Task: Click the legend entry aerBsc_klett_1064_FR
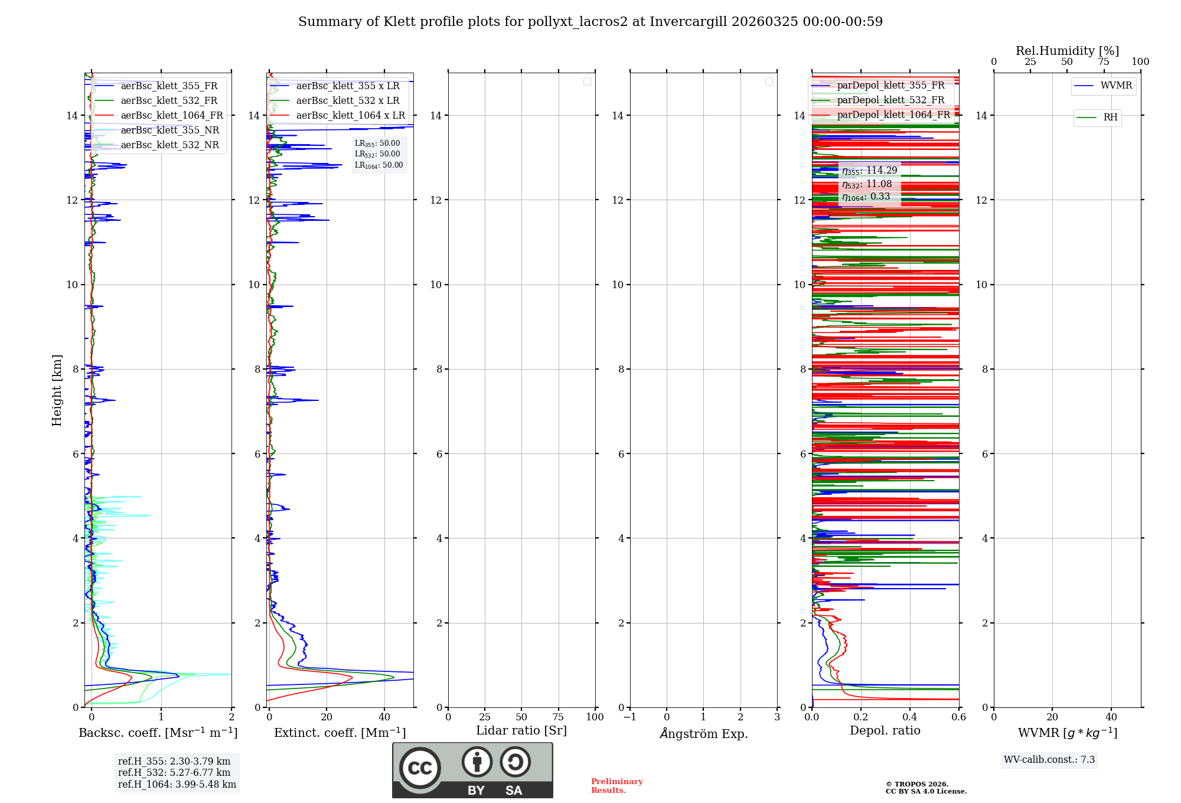click(x=171, y=116)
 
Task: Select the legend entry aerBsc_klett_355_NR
click(x=169, y=130)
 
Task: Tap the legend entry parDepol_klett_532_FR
click(x=890, y=100)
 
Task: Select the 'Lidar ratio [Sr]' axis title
click(x=521, y=731)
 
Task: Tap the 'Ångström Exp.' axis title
click(x=703, y=734)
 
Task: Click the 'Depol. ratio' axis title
click(x=885, y=731)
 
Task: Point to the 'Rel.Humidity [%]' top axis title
click(x=1067, y=51)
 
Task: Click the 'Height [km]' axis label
click(x=57, y=390)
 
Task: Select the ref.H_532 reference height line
click(x=174, y=773)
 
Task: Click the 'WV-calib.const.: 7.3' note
click(x=1049, y=760)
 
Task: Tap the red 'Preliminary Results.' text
click(x=616, y=786)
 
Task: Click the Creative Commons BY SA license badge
click(x=472, y=770)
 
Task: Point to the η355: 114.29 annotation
click(x=870, y=171)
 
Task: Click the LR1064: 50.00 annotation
click(x=379, y=165)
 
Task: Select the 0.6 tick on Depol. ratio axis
click(x=958, y=717)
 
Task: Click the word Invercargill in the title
click(x=689, y=22)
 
